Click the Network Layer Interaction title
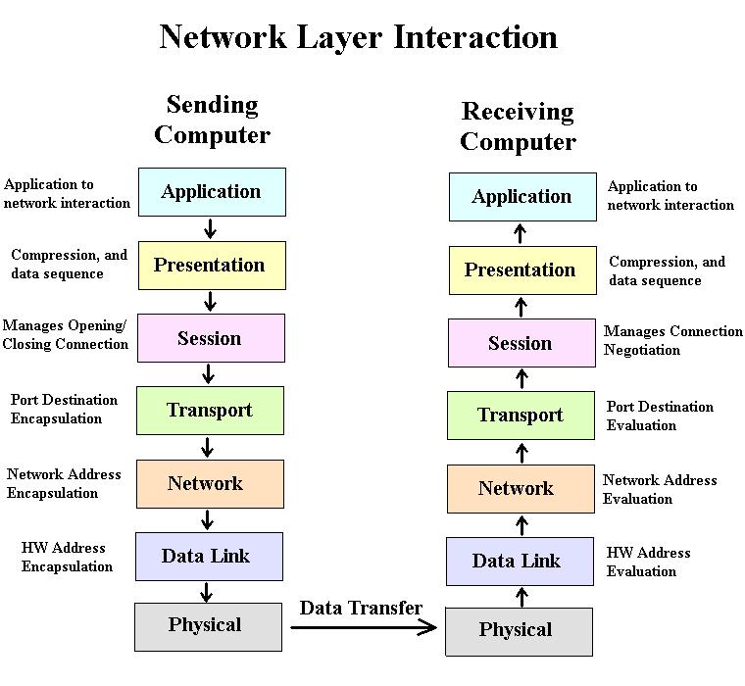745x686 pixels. coord(358,37)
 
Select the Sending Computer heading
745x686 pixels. coord(213,120)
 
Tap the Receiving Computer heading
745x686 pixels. coord(519,126)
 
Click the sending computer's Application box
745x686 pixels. coord(212,192)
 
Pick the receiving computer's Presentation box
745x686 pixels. coord(522,270)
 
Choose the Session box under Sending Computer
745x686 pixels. coord(211,338)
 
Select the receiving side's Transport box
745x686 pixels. coord(521,416)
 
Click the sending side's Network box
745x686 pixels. coord(210,484)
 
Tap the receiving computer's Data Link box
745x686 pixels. coord(520,562)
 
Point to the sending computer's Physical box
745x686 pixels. coord(208,627)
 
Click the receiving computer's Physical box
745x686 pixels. coord(519,632)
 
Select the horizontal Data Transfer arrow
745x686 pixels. coord(364,628)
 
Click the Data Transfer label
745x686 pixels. coord(361,608)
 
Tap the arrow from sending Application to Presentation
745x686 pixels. coord(210,228)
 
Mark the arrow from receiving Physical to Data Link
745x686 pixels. coord(521,597)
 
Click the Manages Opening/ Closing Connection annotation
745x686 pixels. coord(65,334)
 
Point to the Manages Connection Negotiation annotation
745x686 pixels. coord(672,340)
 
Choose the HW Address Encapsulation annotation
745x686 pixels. coord(67,557)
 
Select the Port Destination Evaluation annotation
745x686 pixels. coord(660,416)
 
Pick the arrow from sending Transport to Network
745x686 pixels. coord(207,447)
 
